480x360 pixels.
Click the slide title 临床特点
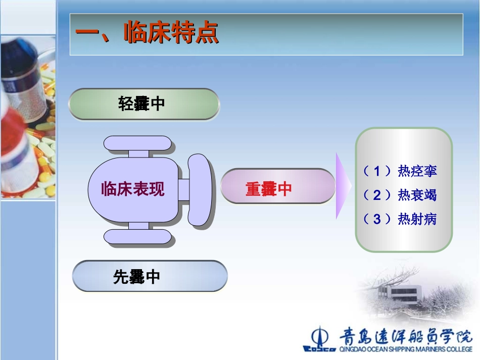[171, 34]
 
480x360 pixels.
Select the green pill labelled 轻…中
[143, 104]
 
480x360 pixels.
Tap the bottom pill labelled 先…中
[149, 276]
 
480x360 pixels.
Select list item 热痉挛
[417, 171]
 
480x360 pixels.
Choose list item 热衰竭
[417, 195]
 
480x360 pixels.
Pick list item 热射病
[417, 219]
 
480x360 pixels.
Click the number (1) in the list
[377, 171]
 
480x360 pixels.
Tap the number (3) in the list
[377, 219]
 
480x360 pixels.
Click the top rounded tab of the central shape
[137, 143]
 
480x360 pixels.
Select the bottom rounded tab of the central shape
[137, 236]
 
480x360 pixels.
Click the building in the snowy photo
[399, 292]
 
